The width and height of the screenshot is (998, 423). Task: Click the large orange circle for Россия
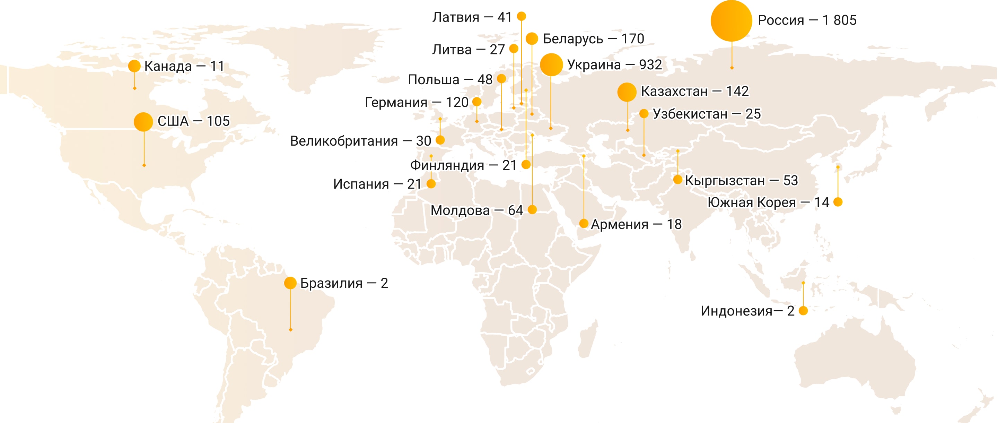tap(731, 21)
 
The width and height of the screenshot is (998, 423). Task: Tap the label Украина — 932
tap(614, 65)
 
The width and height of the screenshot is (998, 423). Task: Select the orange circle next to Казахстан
tap(627, 92)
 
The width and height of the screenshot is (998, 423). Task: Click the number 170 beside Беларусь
tap(632, 39)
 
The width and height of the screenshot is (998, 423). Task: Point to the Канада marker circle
tap(134, 66)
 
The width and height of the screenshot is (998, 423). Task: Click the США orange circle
tap(143, 122)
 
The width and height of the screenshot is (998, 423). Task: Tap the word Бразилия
tap(331, 283)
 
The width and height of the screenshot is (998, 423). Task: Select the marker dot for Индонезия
tap(803, 311)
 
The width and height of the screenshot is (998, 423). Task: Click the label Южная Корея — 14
tap(768, 202)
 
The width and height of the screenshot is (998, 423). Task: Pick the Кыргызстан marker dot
tap(677, 180)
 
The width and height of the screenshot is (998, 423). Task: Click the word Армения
tap(619, 224)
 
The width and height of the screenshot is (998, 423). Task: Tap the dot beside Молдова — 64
tap(532, 210)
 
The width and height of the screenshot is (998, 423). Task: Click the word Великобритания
tap(344, 141)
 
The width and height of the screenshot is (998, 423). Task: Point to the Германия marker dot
tap(477, 102)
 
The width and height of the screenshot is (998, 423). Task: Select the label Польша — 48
tap(450, 79)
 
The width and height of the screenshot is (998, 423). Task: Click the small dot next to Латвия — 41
tap(522, 16)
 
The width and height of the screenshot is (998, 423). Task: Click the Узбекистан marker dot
tap(644, 114)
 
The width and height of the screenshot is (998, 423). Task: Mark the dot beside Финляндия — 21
tap(526, 164)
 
